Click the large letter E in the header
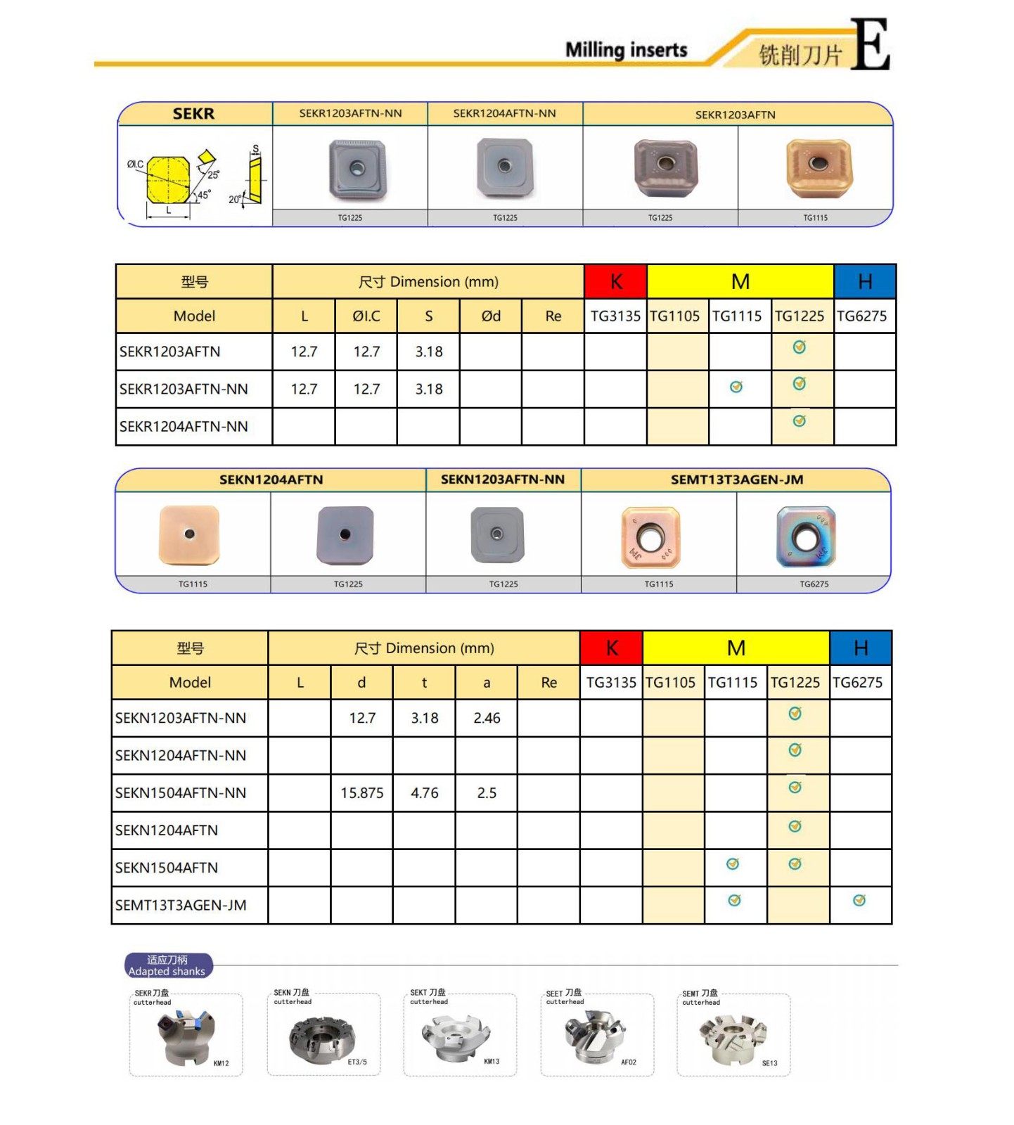click(x=870, y=44)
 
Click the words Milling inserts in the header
click(x=626, y=50)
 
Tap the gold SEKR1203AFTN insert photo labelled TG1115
click(x=818, y=168)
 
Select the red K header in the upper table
click(x=615, y=282)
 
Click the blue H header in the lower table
click(x=860, y=648)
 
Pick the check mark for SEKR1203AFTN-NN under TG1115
click(x=736, y=387)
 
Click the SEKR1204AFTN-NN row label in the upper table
click(x=184, y=427)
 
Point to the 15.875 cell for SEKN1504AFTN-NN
click(x=361, y=793)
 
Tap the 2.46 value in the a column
click(x=487, y=718)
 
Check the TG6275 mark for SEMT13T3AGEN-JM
click(x=859, y=901)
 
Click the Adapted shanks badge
click(x=167, y=965)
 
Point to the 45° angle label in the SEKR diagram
click(x=203, y=195)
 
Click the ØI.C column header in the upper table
click(x=366, y=316)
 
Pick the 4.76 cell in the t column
click(x=424, y=793)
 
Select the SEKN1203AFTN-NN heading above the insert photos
click(x=502, y=480)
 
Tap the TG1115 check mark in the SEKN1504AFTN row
click(x=733, y=864)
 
